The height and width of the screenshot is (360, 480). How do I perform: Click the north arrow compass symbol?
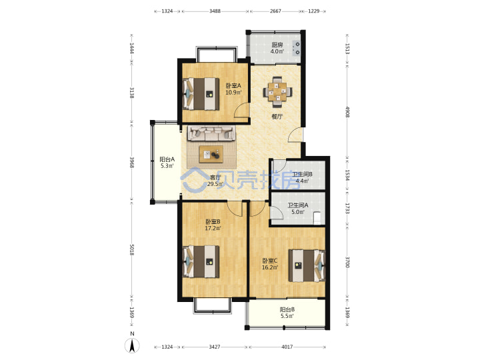132,345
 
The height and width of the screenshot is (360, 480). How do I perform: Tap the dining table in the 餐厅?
277,91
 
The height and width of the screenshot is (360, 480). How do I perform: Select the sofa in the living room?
211,133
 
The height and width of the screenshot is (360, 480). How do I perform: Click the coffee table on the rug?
211,154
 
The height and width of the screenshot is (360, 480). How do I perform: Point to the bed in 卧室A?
201,94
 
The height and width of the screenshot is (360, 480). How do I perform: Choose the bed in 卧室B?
201,261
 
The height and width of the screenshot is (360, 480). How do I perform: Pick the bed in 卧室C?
307,265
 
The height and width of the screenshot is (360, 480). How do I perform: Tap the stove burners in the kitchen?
297,49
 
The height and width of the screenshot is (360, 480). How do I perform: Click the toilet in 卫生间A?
318,217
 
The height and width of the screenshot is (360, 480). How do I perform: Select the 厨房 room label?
277,45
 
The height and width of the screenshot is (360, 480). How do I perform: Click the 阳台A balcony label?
167,159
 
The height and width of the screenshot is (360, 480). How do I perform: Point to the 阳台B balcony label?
287,309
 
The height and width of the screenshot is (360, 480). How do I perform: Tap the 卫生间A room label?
297,205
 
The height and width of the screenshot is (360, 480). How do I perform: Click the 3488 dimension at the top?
215,11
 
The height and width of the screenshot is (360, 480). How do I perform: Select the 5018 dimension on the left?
131,250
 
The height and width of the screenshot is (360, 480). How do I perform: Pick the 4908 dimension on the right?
347,112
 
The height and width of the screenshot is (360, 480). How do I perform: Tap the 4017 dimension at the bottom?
287,347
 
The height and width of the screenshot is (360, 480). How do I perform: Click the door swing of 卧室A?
241,111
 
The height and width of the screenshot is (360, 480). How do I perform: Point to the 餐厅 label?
277,116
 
